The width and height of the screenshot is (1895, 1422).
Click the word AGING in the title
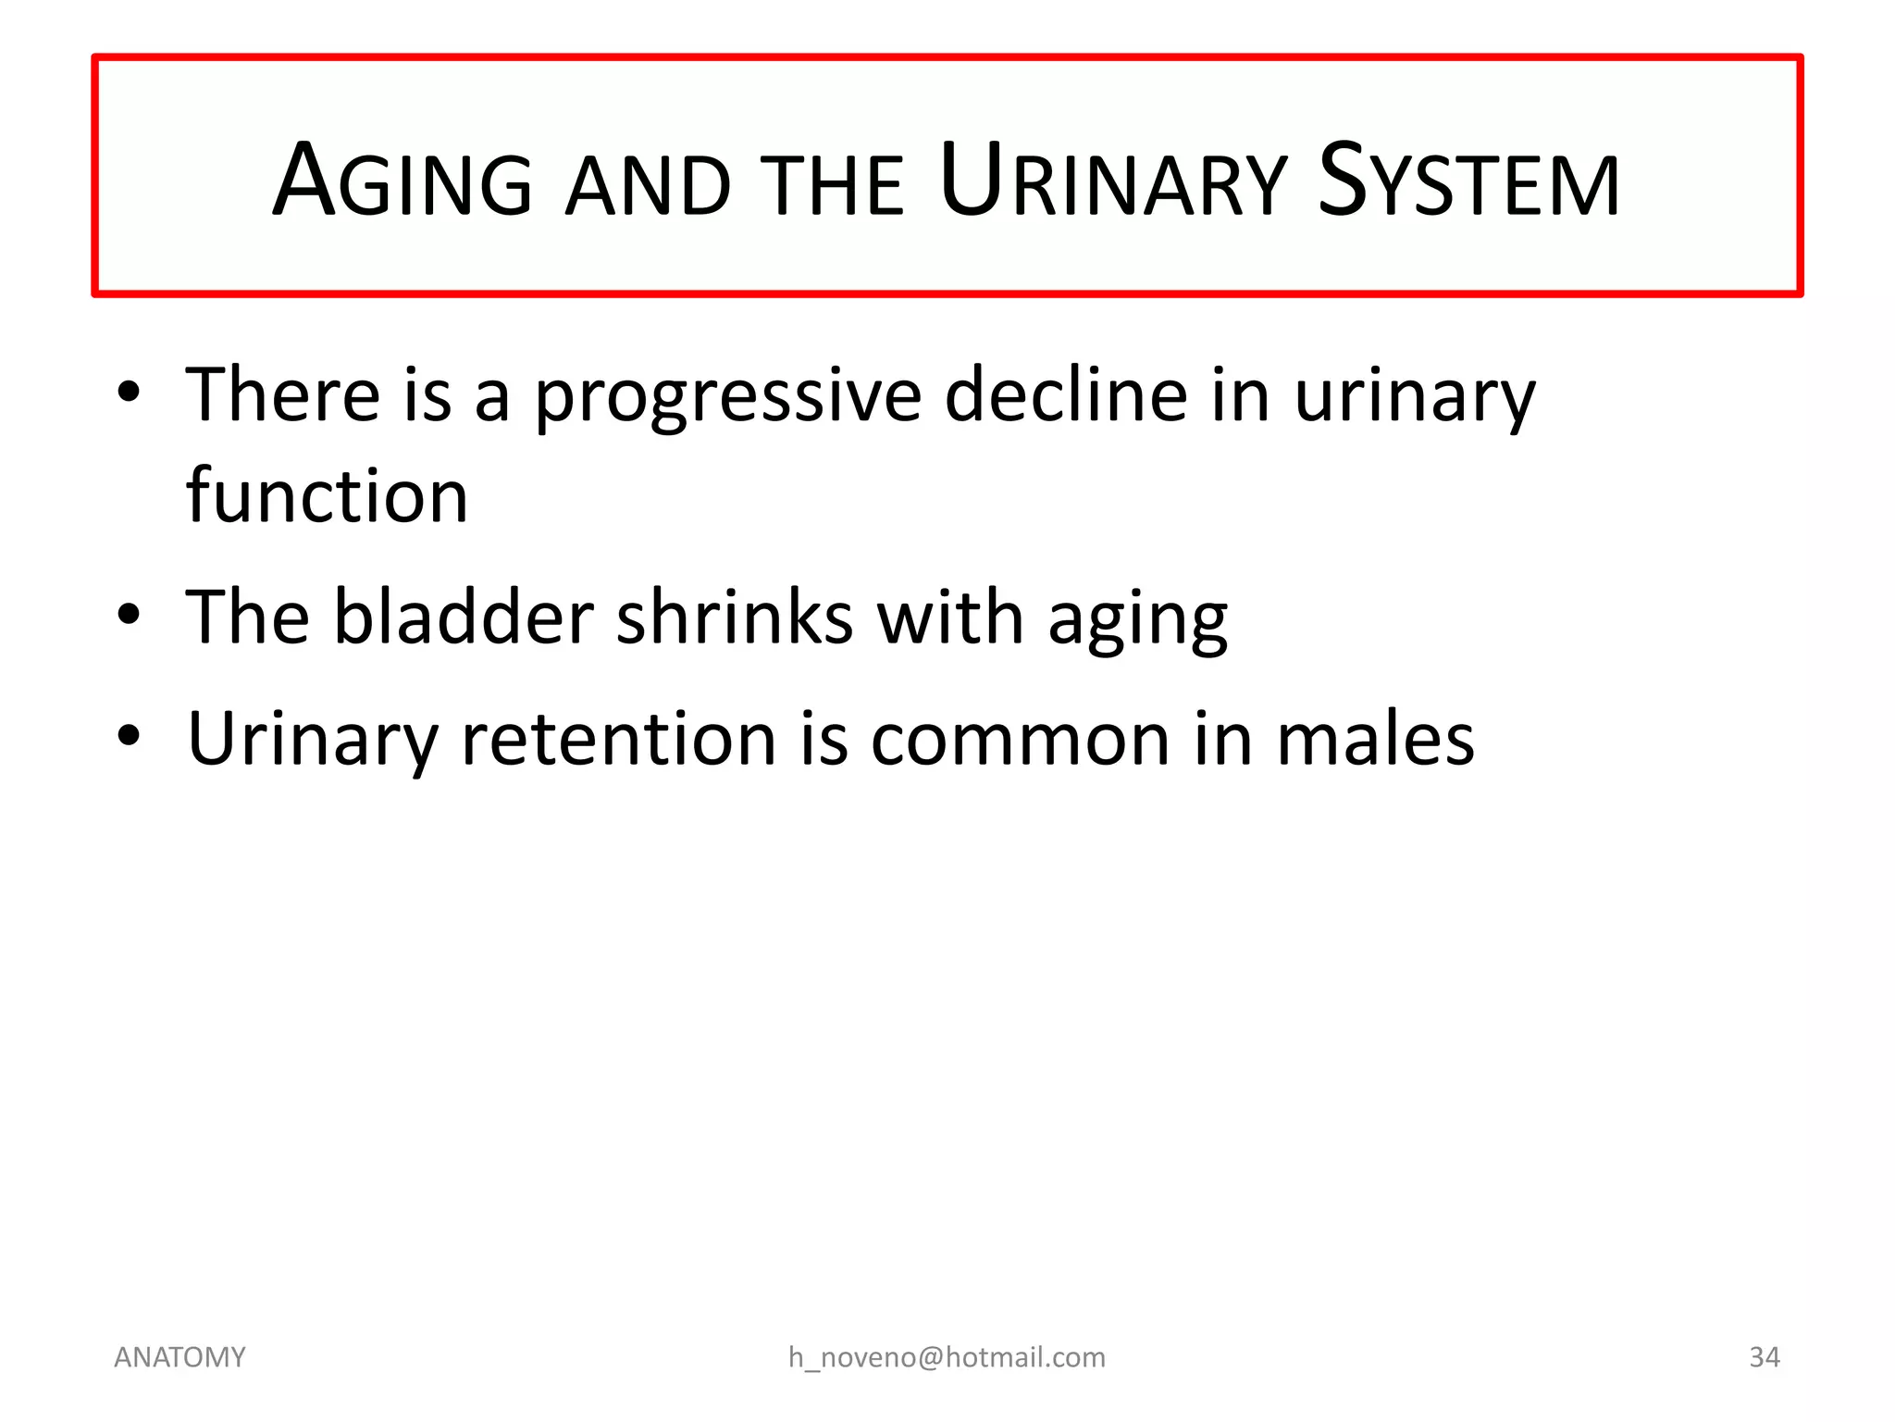tap(403, 181)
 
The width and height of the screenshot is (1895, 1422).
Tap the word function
tap(327, 496)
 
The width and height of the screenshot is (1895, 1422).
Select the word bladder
tap(463, 617)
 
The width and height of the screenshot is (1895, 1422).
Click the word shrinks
tap(735, 617)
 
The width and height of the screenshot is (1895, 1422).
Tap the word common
tap(1021, 740)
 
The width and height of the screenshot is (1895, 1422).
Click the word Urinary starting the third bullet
tap(312, 741)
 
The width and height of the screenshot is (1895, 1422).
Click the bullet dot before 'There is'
tap(130, 393)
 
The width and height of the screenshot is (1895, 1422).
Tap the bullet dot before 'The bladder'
tap(130, 615)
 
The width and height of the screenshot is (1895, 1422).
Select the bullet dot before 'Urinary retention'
tap(130, 736)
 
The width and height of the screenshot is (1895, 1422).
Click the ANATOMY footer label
tap(180, 1357)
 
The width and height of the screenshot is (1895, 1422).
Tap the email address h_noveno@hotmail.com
tap(947, 1357)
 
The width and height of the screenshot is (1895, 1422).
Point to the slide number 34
tap(1764, 1357)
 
